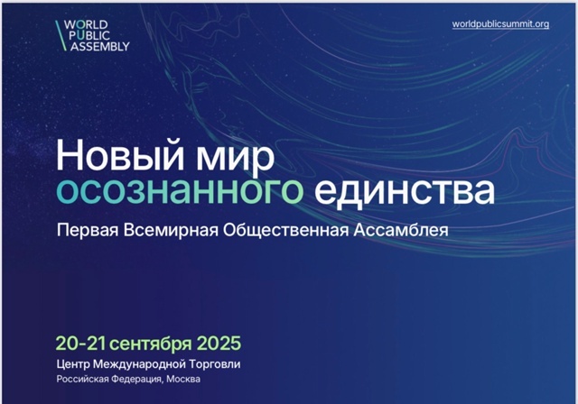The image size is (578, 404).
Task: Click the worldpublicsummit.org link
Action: point(500,24)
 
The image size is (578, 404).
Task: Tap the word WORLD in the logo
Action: point(86,24)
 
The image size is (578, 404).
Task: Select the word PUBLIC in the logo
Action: point(89,36)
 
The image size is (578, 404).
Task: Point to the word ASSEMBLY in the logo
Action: point(100,46)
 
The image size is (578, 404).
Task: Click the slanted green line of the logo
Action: point(61,35)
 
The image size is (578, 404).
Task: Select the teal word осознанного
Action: point(180,191)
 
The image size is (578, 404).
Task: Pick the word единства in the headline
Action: point(405,190)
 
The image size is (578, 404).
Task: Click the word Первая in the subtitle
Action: point(88,231)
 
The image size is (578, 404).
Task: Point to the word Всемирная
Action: point(171,230)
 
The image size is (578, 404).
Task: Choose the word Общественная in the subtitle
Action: point(285,230)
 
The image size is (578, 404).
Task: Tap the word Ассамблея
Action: point(401,230)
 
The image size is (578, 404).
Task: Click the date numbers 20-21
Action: point(80,344)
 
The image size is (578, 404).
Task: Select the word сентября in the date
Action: point(151,344)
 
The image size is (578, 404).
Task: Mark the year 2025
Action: point(219,344)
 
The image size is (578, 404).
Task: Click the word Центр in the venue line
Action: point(73,364)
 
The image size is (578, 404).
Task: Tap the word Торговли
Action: point(215,364)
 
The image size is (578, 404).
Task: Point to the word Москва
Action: point(183,379)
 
